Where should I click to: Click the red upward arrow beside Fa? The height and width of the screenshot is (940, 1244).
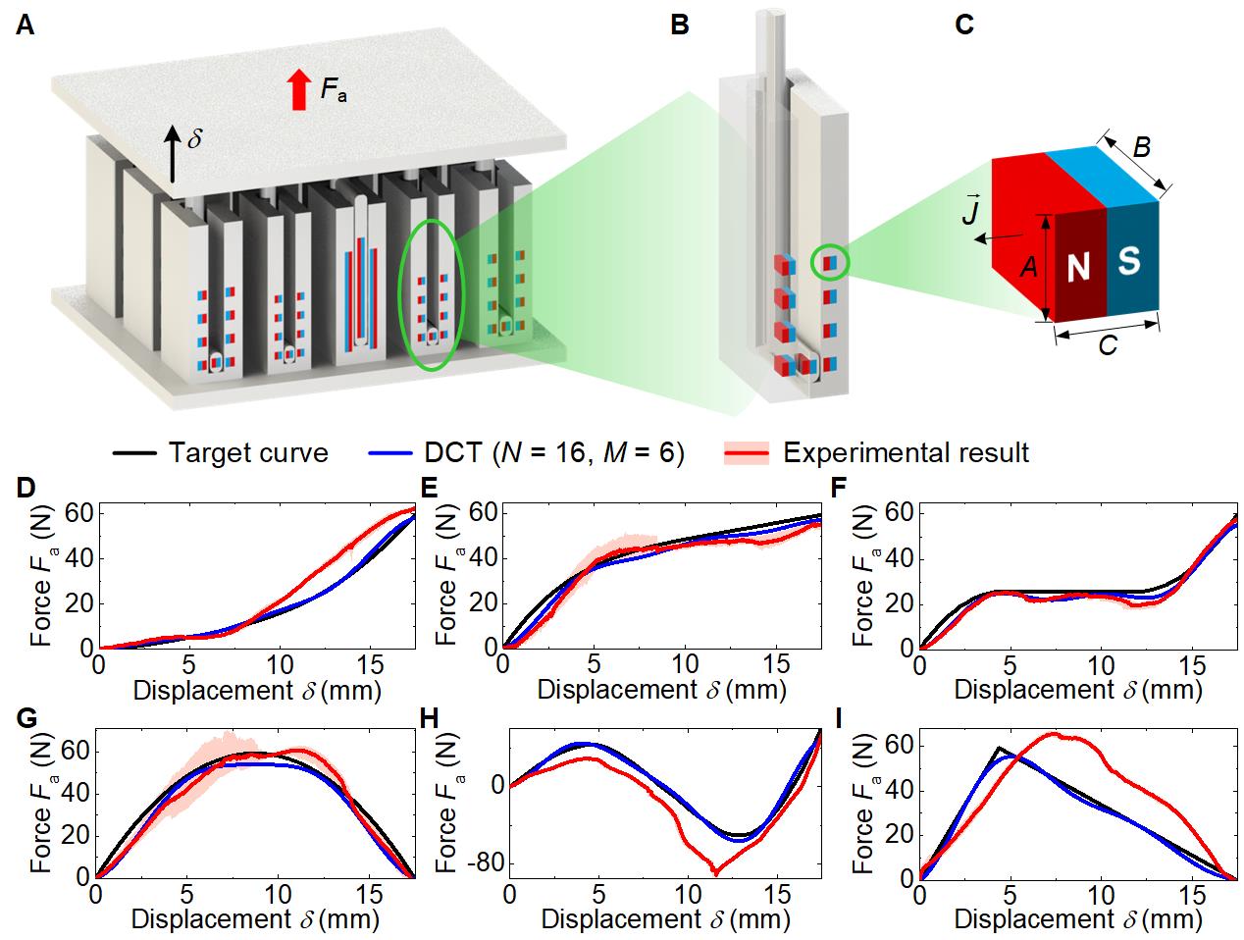tap(298, 90)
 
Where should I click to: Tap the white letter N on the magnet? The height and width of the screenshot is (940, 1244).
tap(1078, 268)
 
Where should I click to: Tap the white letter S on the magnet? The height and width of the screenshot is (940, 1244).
tap(1129, 261)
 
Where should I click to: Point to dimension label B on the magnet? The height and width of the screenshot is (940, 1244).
tap(1141, 147)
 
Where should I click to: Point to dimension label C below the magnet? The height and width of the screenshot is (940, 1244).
tap(1108, 346)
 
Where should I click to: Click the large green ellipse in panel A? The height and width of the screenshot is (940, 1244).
tap(429, 283)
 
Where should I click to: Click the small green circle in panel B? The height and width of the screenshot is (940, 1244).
tap(830, 262)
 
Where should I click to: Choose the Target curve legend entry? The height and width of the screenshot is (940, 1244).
tap(221, 452)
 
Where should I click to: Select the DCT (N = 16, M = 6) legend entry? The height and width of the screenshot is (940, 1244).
tap(526, 452)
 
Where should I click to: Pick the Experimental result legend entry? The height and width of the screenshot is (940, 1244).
tap(877, 452)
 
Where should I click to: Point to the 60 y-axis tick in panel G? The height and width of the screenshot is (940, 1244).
tap(76, 752)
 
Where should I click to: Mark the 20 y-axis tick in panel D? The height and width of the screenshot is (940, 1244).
tap(76, 603)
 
